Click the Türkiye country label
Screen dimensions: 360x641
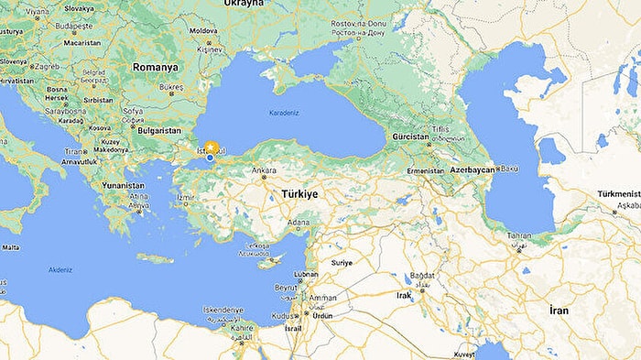pos(293,194)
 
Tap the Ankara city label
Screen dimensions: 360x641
pos(265,170)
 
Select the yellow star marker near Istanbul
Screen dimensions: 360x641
pos(212,147)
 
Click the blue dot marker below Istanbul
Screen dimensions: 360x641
pos(210,158)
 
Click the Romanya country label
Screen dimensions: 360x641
pos(154,67)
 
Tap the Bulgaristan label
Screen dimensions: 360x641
pos(158,130)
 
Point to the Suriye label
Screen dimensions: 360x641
pos(341,262)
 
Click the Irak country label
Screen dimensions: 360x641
pos(404,295)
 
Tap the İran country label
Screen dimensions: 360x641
pos(559,311)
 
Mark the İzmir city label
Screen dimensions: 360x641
pos(186,197)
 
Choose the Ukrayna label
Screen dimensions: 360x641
pos(241,4)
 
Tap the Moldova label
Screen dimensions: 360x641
pos(202,30)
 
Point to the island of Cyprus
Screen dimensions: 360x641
pos(269,262)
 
